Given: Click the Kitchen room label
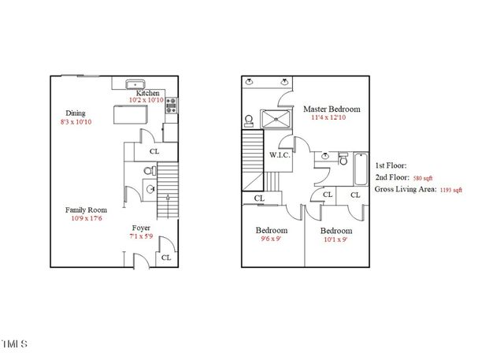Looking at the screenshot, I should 148,92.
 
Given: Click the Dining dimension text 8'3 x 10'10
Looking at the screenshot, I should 76,123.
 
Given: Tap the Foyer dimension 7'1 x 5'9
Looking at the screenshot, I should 140,236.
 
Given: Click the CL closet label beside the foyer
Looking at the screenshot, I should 166,257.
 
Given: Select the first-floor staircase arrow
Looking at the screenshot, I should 169,199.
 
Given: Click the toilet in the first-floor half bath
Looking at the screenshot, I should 148,171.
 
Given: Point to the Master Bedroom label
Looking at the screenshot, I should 332,108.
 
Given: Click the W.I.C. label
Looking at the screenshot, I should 280,154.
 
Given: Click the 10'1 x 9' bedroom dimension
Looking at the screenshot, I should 335,241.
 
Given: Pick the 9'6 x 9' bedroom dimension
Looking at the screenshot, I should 272,240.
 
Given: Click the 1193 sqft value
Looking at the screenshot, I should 451,190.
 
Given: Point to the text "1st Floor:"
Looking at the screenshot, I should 391,165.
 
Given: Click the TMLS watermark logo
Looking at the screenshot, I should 14,344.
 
